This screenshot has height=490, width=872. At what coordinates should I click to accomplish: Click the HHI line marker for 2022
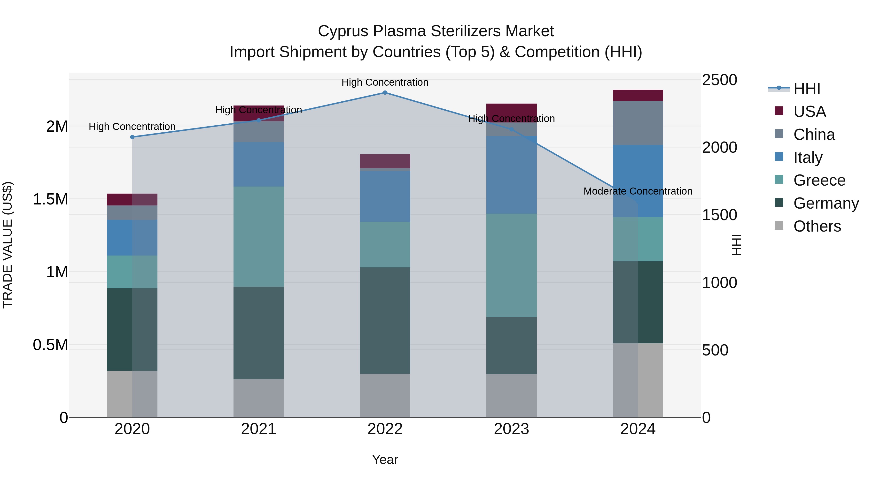point(385,93)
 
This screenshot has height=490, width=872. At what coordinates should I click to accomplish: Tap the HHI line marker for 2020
point(132,137)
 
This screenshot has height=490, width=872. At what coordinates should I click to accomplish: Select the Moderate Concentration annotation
point(638,191)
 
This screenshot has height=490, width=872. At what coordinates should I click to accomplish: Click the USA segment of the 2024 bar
point(638,96)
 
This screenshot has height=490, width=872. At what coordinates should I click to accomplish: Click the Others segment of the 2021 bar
point(259,398)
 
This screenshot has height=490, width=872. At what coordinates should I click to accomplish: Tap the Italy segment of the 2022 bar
point(385,196)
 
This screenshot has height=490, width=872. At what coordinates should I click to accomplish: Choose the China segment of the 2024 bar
point(638,123)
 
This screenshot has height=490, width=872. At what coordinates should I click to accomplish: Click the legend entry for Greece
point(819,180)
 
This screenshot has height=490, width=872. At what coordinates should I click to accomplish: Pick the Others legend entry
point(817,226)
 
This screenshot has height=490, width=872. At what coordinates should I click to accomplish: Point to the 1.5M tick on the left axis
point(50,199)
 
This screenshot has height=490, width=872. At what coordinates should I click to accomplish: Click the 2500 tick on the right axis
point(719,80)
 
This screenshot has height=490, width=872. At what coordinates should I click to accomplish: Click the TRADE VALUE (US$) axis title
point(8,245)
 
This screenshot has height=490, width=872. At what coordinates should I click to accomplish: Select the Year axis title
point(385,460)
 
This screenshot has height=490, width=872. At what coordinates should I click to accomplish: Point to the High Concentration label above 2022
point(385,82)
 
